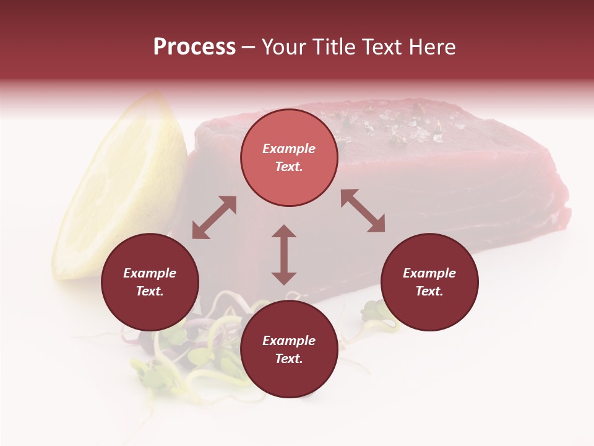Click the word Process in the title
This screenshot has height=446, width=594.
click(194, 47)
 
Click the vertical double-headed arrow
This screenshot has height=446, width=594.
click(284, 255)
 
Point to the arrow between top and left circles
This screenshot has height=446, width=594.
click(214, 217)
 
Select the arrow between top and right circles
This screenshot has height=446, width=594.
click(363, 211)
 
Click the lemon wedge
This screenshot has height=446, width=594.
click(124, 186)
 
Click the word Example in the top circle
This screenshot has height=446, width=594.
click(289, 149)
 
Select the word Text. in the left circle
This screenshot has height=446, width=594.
click(150, 291)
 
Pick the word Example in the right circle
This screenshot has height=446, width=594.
click(429, 273)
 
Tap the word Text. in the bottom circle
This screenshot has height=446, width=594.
click(289, 359)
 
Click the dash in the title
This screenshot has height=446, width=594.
click(249, 47)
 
